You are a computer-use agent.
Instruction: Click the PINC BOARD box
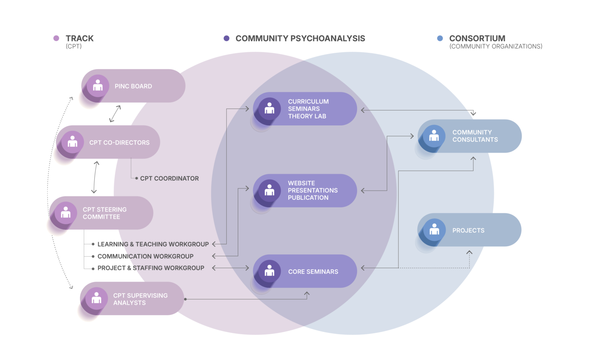(x=133, y=86)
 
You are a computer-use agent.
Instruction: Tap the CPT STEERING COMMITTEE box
(x=102, y=213)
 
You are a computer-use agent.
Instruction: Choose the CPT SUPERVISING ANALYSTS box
(x=132, y=299)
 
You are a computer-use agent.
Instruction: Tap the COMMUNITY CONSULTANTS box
(x=470, y=136)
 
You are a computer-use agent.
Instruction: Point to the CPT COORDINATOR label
(x=169, y=178)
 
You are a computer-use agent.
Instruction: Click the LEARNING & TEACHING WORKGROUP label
(x=153, y=244)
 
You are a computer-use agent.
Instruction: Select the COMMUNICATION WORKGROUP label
(x=145, y=256)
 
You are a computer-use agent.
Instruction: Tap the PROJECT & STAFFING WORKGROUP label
(x=151, y=268)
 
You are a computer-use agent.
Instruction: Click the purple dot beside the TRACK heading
(x=56, y=38)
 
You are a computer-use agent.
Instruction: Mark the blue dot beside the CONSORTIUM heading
(x=440, y=38)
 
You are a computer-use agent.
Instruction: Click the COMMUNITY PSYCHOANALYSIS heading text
(x=300, y=38)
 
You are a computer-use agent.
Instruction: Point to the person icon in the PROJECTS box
(x=434, y=229)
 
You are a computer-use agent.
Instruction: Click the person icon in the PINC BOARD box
(x=98, y=85)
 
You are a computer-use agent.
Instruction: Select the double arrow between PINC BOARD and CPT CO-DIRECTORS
(x=115, y=114)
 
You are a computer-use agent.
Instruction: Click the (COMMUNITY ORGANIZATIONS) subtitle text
(x=496, y=46)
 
